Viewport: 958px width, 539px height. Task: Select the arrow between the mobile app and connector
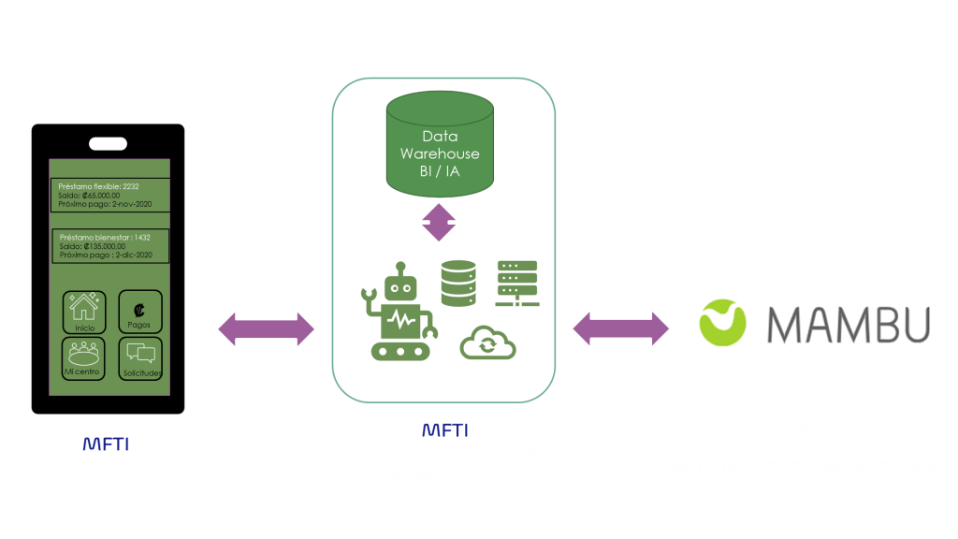point(267,328)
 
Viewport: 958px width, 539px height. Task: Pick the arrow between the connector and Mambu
point(621,328)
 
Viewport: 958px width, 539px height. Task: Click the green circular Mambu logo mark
point(724,322)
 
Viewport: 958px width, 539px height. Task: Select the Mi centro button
point(83,358)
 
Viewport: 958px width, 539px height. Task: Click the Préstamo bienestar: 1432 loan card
point(109,246)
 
